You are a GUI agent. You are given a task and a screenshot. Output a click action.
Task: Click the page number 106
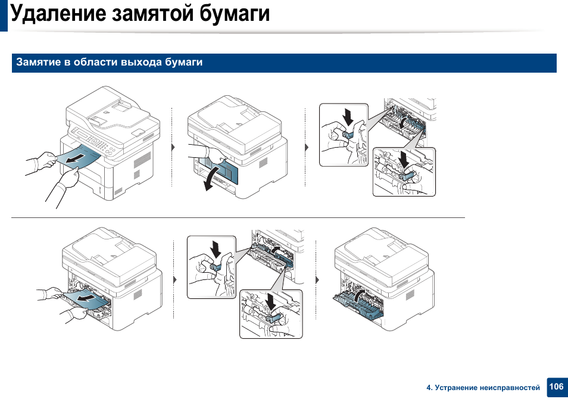556,387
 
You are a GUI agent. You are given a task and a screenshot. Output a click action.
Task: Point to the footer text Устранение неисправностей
487,388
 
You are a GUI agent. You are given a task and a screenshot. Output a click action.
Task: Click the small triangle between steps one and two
173,147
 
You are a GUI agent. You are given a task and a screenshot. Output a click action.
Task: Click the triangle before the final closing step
317,279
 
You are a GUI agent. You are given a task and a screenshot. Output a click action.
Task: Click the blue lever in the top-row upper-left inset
349,134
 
